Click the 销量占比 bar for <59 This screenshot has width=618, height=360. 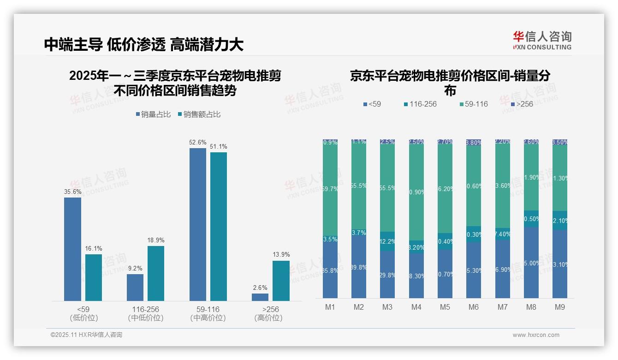click(x=72, y=249)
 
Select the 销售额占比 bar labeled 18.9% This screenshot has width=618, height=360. click(x=156, y=273)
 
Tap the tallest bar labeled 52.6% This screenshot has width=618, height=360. click(x=198, y=224)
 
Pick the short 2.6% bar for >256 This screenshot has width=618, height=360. click(x=260, y=297)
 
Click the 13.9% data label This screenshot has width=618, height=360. click(x=281, y=254)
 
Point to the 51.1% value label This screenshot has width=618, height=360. click(x=219, y=146)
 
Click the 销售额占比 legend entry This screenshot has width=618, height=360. click(x=199, y=114)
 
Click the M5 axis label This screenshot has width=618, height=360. click(x=445, y=307)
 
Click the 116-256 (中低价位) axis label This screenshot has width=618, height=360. click(x=145, y=313)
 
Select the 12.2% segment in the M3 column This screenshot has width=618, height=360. click(x=387, y=241)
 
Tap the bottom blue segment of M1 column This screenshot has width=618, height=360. click(x=330, y=270)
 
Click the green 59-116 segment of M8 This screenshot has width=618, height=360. click(x=531, y=178)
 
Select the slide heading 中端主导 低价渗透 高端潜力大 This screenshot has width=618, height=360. click(x=144, y=44)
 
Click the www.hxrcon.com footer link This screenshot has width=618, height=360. click(x=536, y=335)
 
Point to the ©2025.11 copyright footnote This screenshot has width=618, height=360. click(x=86, y=335)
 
